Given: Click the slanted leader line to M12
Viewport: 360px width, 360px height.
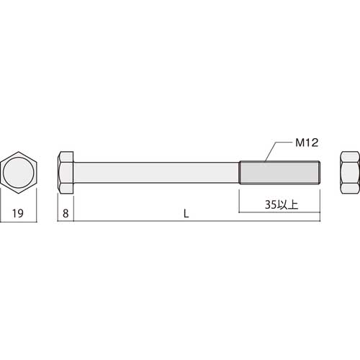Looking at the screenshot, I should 267,152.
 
